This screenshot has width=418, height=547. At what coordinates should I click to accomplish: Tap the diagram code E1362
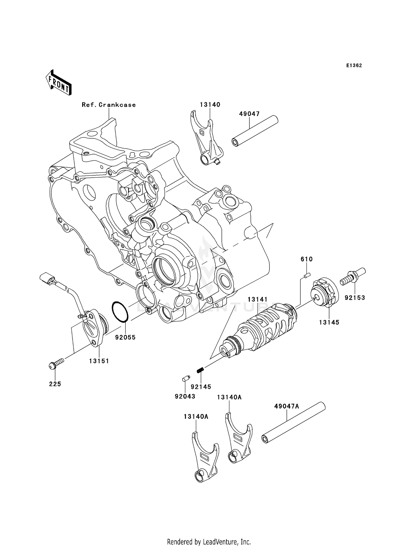point(354,66)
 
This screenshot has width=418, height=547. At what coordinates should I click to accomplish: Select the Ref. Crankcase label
point(109,105)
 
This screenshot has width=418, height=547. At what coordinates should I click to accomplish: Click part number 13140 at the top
point(210,105)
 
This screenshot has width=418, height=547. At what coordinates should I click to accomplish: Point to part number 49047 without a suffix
point(249,114)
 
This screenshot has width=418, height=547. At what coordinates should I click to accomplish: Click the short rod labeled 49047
point(255,131)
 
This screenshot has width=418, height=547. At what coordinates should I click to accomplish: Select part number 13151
point(99,361)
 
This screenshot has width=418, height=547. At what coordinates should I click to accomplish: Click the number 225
point(55,384)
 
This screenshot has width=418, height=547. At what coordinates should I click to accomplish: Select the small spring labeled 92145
point(200,370)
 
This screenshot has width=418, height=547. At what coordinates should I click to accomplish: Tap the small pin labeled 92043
point(186,379)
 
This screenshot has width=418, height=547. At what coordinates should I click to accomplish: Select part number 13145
point(329,322)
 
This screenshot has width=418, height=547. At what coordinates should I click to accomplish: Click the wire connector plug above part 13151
point(47,279)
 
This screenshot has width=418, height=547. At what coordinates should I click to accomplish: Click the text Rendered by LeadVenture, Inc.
point(209,534)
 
